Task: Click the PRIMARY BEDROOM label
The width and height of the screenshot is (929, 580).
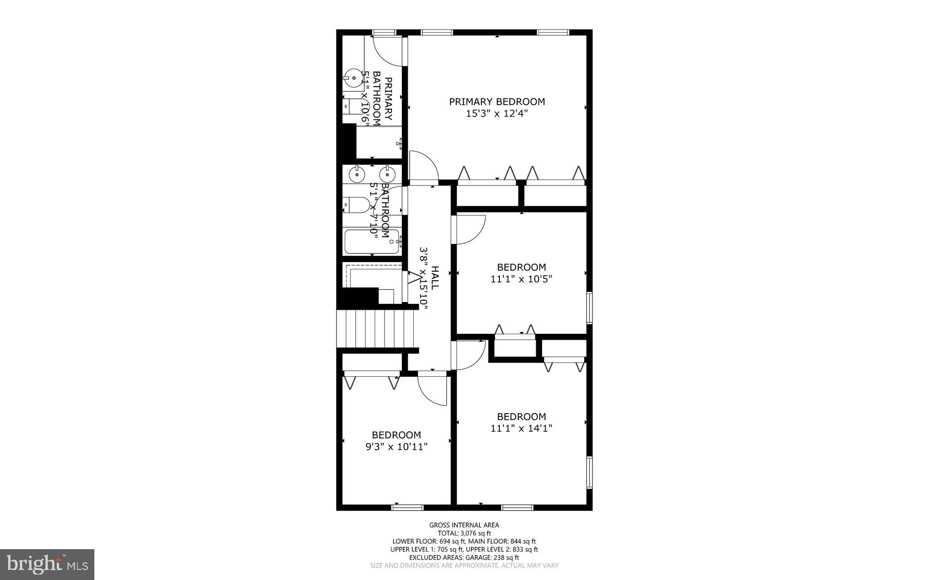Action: [497, 102]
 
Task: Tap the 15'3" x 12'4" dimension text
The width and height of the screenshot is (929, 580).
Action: [497, 113]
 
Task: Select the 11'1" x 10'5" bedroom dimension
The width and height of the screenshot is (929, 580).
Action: [521, 279]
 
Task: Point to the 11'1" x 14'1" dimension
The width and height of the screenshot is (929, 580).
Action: [521, 428]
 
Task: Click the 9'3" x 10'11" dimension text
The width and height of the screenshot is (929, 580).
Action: [396, 447]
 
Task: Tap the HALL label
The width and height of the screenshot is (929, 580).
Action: [435, 278]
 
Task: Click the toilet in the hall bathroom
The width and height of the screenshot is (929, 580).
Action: [357, 205]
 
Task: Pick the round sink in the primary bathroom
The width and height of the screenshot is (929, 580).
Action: [353, 78]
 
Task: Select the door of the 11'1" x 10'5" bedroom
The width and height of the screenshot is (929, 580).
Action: [470, 229]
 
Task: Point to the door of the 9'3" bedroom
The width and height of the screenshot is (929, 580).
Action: [432, 389]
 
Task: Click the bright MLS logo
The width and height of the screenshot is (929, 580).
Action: [47, 564]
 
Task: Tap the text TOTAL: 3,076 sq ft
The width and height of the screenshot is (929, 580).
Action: [464, 533]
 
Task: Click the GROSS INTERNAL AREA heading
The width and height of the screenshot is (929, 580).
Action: [464, 525]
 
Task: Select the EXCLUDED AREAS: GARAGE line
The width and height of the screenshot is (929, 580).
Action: [464, 557]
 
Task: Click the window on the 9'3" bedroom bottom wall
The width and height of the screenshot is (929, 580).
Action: [407, 507]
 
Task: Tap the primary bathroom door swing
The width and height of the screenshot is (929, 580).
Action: [388, 51]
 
